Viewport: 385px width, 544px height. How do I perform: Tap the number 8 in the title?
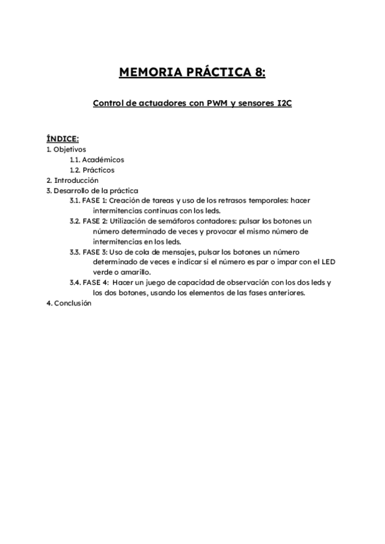pyautogui.click(x=259, y=71)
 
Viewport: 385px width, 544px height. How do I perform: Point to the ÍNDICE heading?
pyautogui.click(x=63, y=138)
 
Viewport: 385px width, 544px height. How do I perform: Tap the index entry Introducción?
pyautogui.click(x=76, y=180)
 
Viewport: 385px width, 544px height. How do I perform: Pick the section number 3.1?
pyautogui.click(x=75, y=200)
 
